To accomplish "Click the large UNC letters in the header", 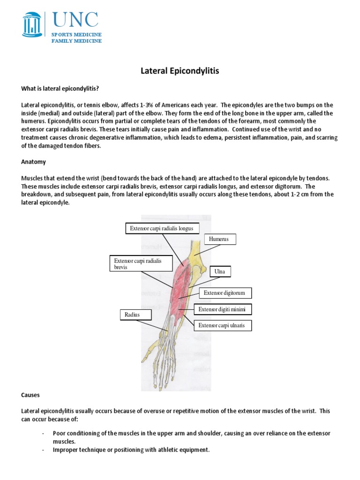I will pyautogui.click(x=75, y=20).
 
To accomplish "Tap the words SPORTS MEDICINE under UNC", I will pyautogui.click(x=76, y=35).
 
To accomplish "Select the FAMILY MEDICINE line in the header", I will pyautogui.click(x=76, y=41).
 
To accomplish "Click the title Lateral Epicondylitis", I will pyautogui.click(x=180, y=71).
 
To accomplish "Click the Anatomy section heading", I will pyautogui.click(x=33, y=162).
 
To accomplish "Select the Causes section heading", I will pyautogui.click(x=31, y=396).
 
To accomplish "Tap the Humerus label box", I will pyautogui.click(x=220, y=240).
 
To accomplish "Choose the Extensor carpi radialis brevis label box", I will pyautogui.click(x=136, y=264).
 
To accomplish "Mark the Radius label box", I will pyautogui.click(x=132, y=315).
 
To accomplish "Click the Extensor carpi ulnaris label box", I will pyautogui.click(x=223, y=325).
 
